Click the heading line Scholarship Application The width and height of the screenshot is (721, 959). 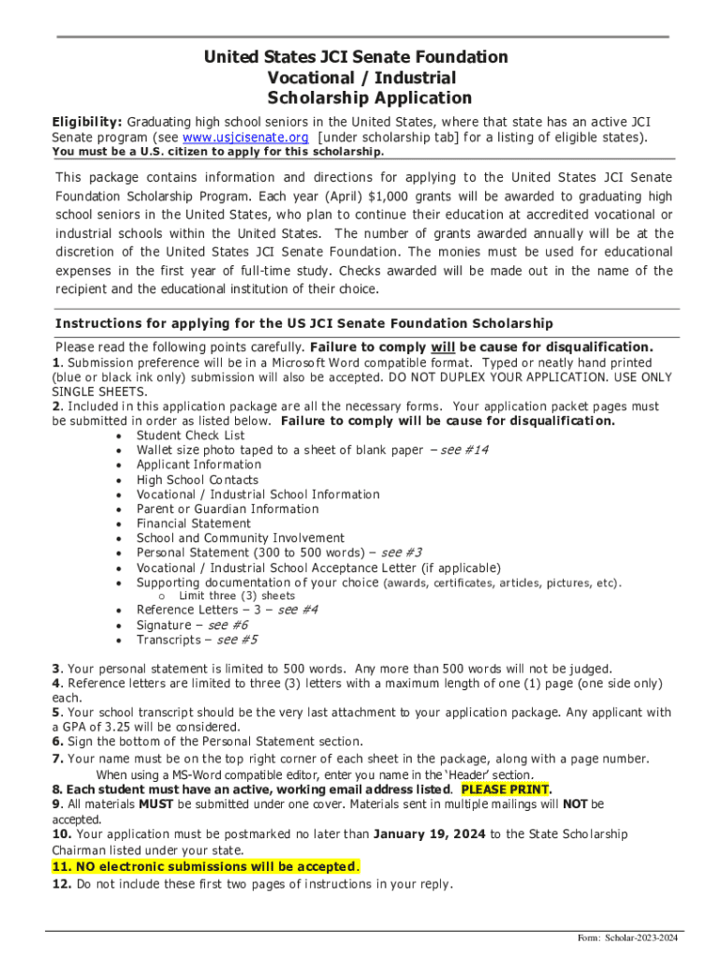click(x=369, y=97)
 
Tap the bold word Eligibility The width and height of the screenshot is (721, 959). click(x=86, y=122)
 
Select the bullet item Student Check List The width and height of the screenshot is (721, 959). click(x=190, y=435)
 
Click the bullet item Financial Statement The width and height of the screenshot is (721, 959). click(x=193, y=524)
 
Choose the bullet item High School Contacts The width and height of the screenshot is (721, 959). click(x=197, y=479)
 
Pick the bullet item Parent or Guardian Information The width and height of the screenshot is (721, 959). click(x=228, y=509)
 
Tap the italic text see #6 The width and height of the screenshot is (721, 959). click(x=228, y=625)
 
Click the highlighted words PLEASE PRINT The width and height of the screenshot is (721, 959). click(x=505, y=789)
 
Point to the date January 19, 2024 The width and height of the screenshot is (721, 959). click(x=430, y=834)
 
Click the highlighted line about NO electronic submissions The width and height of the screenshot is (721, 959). click(x=204, y=866)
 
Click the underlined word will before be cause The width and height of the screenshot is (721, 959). click(x=443, y=347)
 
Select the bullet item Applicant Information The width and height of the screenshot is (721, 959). click(x=199, y=465)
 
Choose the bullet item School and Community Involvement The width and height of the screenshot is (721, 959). click(x=240, y=539)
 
